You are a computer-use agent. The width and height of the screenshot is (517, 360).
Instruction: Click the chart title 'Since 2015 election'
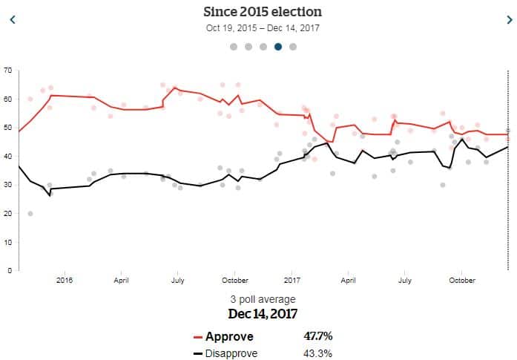pyautogui.click(x=263, y=12)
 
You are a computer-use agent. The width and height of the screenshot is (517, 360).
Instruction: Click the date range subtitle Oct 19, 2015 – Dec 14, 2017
pyautogui.click(x=263, y=28)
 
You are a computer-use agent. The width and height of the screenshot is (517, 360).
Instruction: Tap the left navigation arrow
pyautogui.click(x=12, y=20)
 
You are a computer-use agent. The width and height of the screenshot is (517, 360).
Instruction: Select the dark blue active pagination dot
pyautogui.click(x=278, y=46)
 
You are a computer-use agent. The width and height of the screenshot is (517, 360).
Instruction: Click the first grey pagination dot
pyautogui.click(x=234, y=46)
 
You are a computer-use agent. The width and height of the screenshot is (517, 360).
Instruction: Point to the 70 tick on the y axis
pyautogui.click(x=7, y=70)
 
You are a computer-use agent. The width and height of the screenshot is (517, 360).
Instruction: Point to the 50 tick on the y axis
pyautogui.click(x=7, y=128)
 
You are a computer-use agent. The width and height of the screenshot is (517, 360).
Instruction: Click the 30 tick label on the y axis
pyautogui.click(x=7, y=185)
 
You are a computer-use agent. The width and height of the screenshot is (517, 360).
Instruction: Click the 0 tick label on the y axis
pyautogui.click(x=10, y=270)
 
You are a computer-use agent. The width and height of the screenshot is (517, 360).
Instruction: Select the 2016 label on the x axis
pyautogui.click(x=65, y=281)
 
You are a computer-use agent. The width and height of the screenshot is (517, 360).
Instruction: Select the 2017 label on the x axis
pyautogui.click(x=292, y=281)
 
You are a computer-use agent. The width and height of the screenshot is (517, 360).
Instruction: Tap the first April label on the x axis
pyautogui.click(x=121, y=281)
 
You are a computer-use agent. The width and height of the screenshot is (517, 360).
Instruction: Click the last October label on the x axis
pyautogui.click(x=462, y=281)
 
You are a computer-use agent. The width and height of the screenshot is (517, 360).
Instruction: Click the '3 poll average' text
pyautogui.click(x=263, y=299)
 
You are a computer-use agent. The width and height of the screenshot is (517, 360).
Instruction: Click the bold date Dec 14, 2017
pyautogui.click(x=263, y=313)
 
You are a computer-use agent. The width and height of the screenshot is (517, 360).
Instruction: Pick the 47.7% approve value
pyautogui.click(x=318, y=336)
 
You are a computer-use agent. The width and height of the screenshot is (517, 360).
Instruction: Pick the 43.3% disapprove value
pyautogui.click(x=317, y=353)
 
